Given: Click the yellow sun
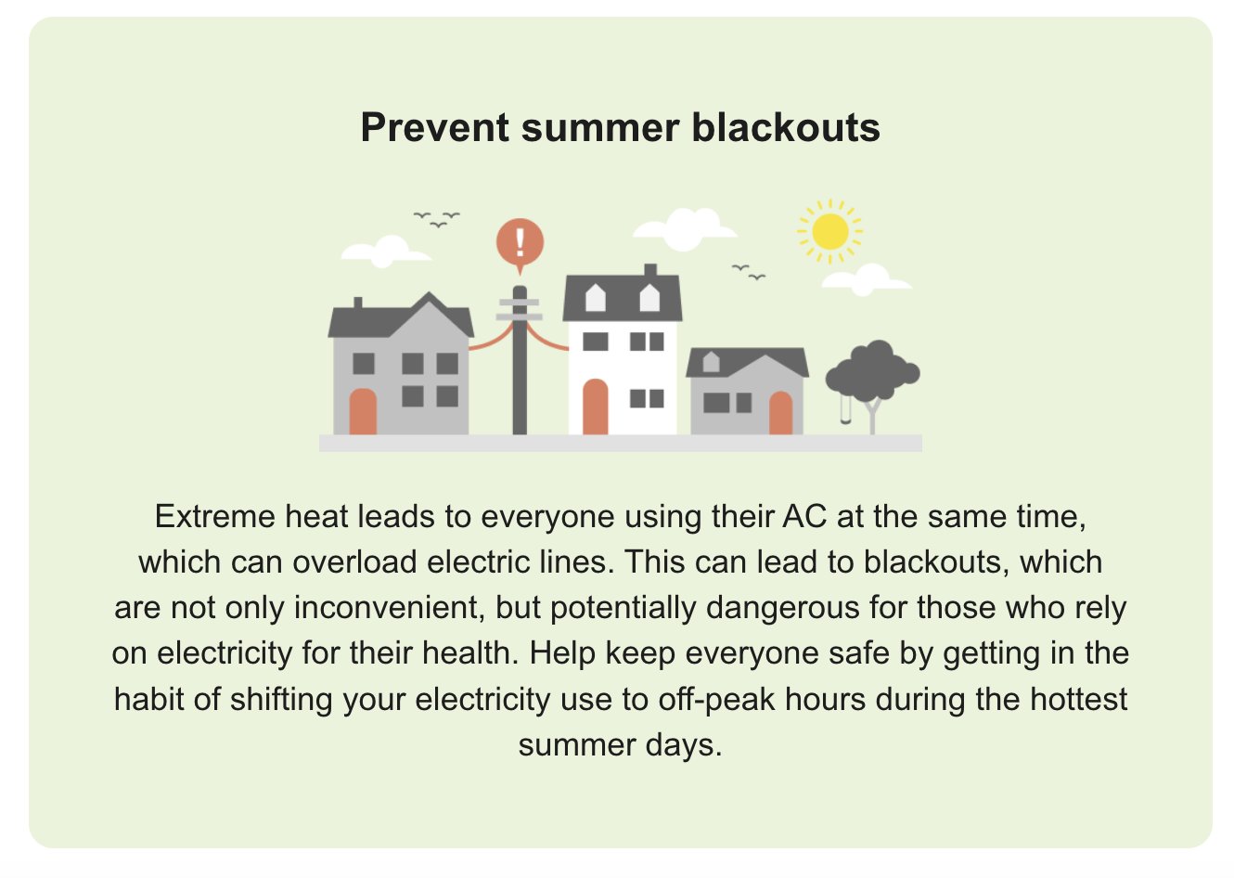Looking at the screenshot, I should point(829,231).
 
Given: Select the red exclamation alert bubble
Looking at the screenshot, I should point(520,242).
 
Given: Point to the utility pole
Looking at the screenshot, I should point(520,371).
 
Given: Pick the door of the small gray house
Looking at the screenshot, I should point(780,413).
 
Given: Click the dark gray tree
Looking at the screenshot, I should point(872,368).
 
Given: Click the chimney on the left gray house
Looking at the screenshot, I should point(358,303).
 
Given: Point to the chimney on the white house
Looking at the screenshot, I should point(650,270).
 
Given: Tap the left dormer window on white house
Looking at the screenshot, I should point(595,297).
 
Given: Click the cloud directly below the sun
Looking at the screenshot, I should point(866,278).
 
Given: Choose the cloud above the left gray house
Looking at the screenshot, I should point(385,251).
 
